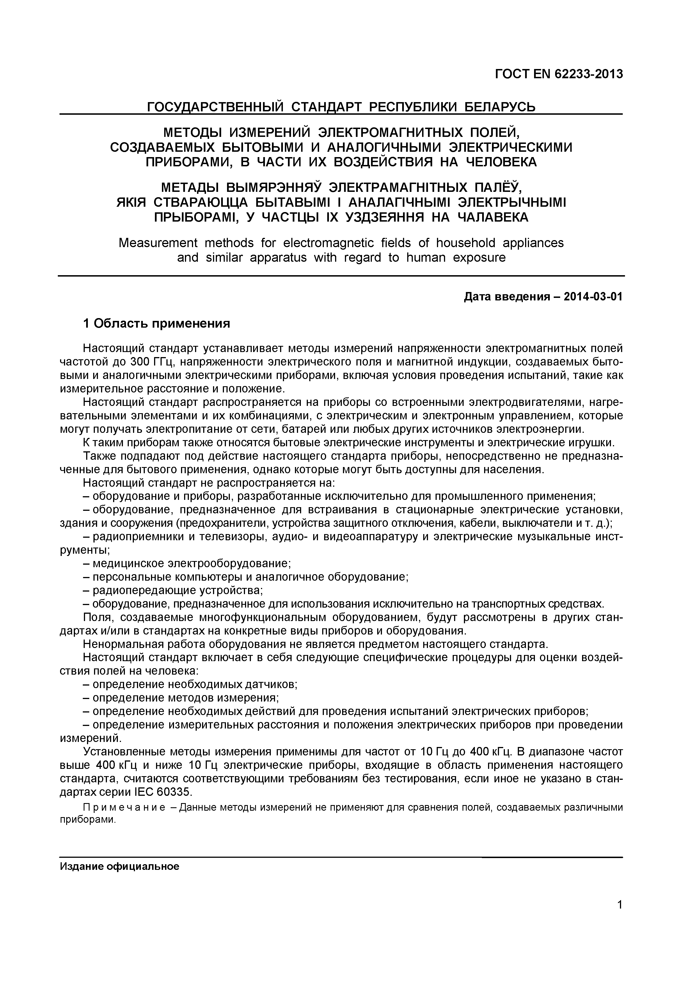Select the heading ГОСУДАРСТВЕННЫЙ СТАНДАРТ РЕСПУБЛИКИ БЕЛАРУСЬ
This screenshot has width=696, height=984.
click(x=341, y=106)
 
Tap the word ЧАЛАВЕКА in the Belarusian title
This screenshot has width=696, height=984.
click(x=493, y=217)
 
